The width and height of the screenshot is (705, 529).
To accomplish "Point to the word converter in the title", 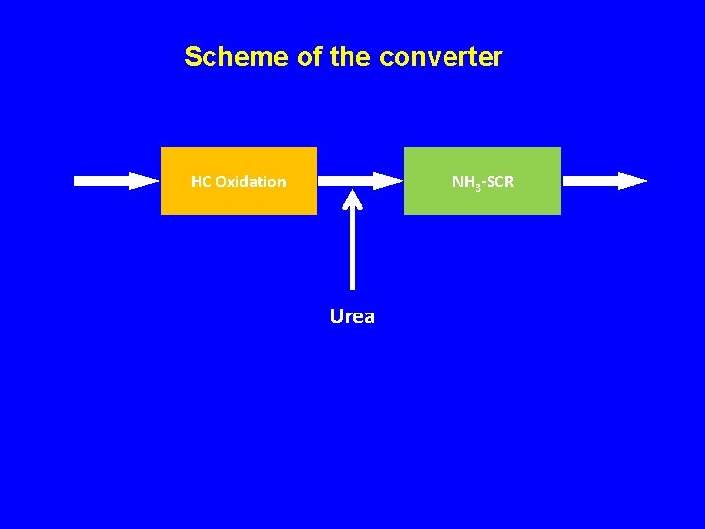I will tap(441, 57).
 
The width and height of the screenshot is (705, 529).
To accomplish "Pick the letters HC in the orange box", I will tap(201, 181).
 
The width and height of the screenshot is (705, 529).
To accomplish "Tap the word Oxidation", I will tap(251, 181).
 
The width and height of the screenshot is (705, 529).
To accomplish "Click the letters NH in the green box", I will tap(461, 181).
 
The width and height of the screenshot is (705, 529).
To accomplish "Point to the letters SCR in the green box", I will tap(499, 181).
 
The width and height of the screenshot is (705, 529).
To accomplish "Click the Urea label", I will tap(352, 316).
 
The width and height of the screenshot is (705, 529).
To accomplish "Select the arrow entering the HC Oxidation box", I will tap(116, 180).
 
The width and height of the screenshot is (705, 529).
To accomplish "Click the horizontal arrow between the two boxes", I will tap(360, 180).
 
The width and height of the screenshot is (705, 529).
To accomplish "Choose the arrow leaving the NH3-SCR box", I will tap(605, 180).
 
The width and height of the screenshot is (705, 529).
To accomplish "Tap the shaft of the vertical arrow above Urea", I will tap(352, 250).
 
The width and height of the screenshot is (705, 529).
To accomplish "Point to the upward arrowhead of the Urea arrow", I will tap(352, 199).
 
